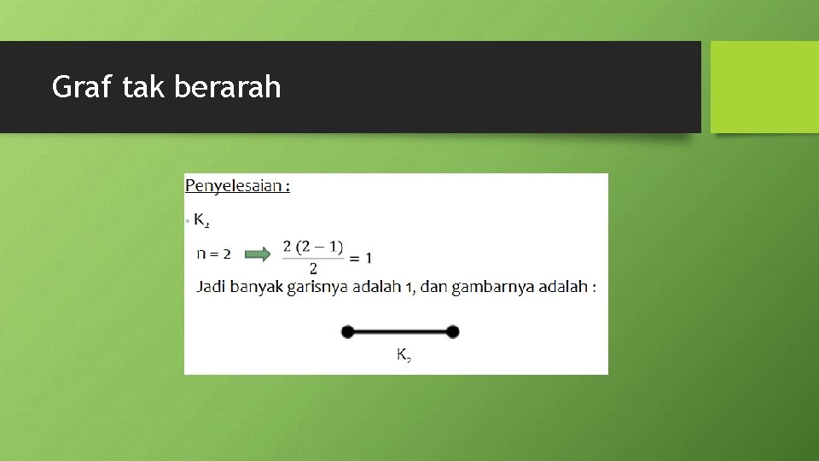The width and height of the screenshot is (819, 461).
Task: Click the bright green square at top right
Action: coord(764,87)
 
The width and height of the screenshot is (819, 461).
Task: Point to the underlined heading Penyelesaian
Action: coord(235,185)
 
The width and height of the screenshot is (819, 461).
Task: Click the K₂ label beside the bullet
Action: coord(202,221)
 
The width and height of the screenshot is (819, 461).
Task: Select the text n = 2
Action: coord(213,254)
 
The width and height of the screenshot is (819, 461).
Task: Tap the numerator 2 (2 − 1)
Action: coord(313,247)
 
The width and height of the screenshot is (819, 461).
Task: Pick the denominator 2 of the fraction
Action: coord(313,269)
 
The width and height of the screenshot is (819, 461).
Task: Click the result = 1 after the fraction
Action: coord(361,257)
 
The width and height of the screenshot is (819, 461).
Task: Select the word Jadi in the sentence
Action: coord(210,287)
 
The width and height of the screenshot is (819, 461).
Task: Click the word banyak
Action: coord(256,287)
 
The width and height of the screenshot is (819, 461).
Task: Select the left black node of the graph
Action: coord(347,332)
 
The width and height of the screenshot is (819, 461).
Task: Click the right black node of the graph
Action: coord(452,332)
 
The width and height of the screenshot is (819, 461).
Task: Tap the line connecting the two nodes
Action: coord(399,332)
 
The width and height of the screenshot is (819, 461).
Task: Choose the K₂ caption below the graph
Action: coord(404,354)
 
